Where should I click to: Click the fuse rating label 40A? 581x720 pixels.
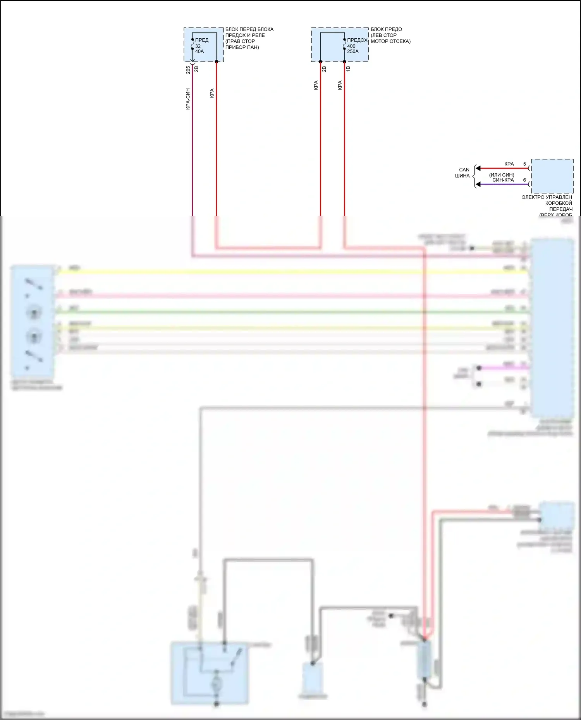click(199, 51)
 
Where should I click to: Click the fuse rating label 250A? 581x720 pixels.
click(353, 51)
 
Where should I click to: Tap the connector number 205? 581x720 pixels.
click(188, 70)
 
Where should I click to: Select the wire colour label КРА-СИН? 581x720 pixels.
click(188, 99)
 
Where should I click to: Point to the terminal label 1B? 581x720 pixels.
click(348, 68)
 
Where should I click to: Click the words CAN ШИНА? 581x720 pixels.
click(463, 173)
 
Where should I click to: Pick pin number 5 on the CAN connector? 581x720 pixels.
click(525, 164)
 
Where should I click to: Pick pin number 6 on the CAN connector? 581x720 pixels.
click(525, 180)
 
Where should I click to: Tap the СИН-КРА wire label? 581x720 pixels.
click(503, 180)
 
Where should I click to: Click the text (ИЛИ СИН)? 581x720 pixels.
click(502, 175)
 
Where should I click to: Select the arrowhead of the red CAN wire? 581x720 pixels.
click(478, 168)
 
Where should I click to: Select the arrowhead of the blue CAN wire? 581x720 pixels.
click(478, 184)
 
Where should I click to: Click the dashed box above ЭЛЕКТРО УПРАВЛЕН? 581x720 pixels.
click(552, 176)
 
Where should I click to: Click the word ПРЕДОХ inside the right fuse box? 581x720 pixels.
click(357, 40)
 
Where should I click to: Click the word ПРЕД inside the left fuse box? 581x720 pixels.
click(202, 40)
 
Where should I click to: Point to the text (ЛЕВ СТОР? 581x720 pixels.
click(383, 35)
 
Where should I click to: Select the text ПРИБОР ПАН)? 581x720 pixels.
click(242, 47)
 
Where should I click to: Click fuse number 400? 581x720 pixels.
click(351, 46)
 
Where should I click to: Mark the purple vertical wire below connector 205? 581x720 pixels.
click(193, 155)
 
